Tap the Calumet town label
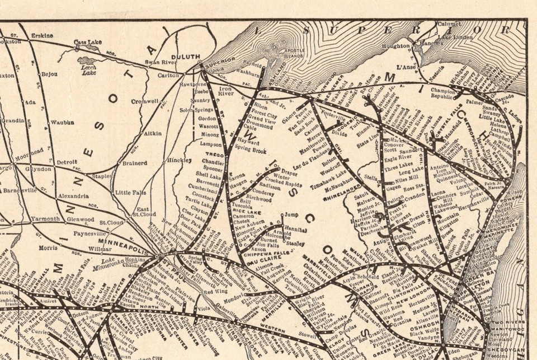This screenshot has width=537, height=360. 448,24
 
